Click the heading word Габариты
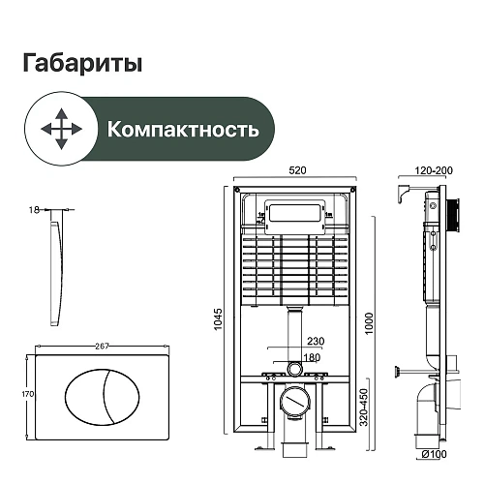(81, 64)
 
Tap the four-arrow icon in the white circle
(58, 128)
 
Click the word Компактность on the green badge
(182, 129)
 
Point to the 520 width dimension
(297, 169)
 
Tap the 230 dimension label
(316, 341)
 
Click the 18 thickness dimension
(34, 208)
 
